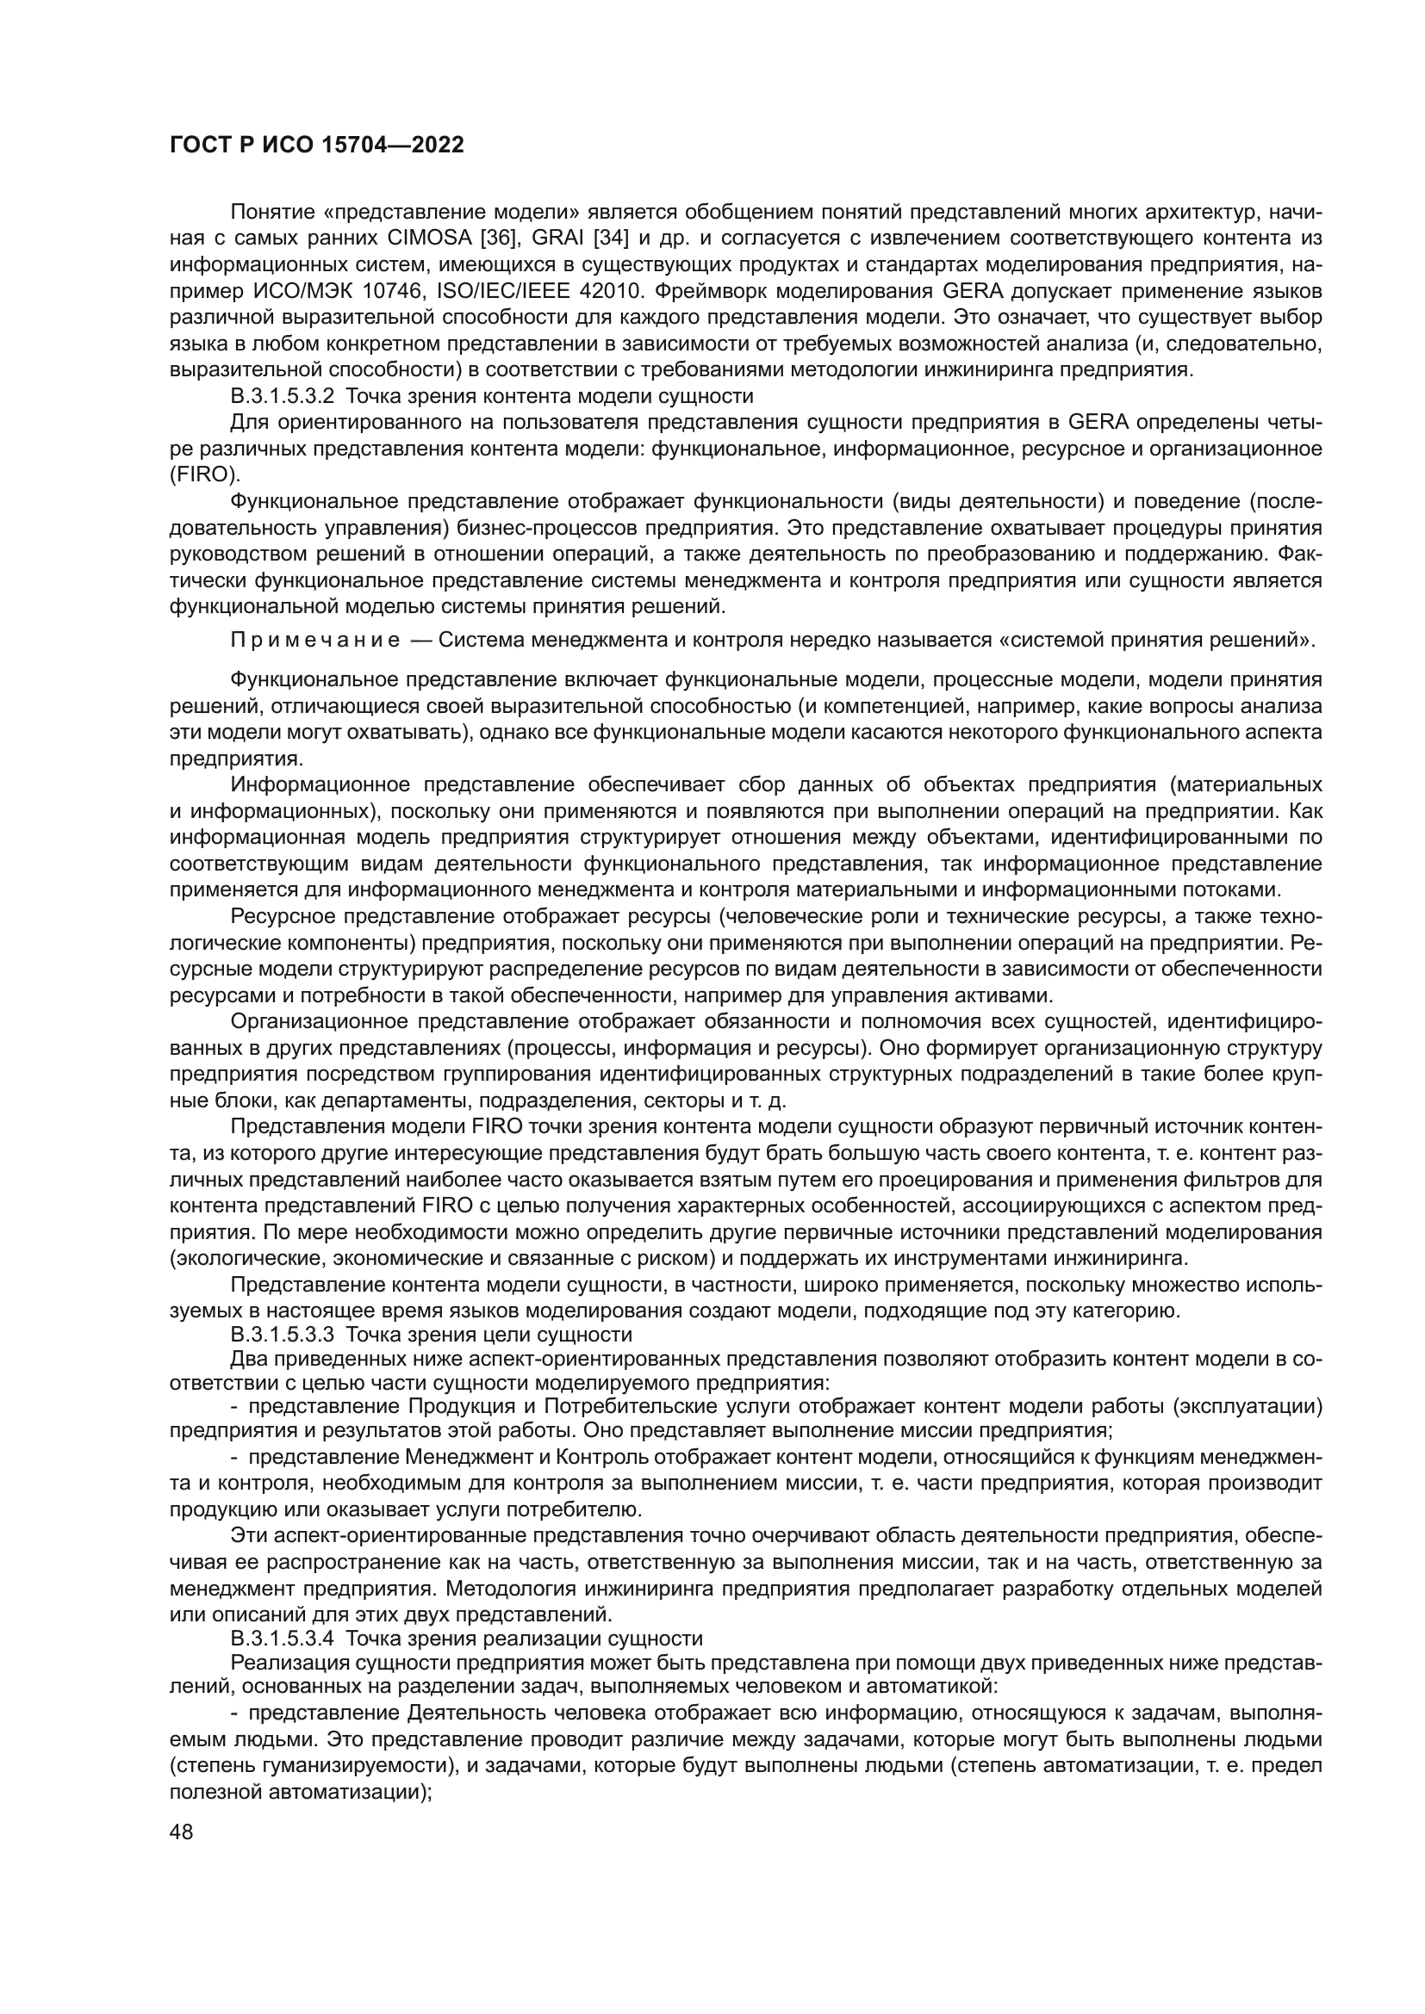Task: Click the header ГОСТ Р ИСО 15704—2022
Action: (x=316, y=145)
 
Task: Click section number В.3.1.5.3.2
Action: (x=282, y=395)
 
